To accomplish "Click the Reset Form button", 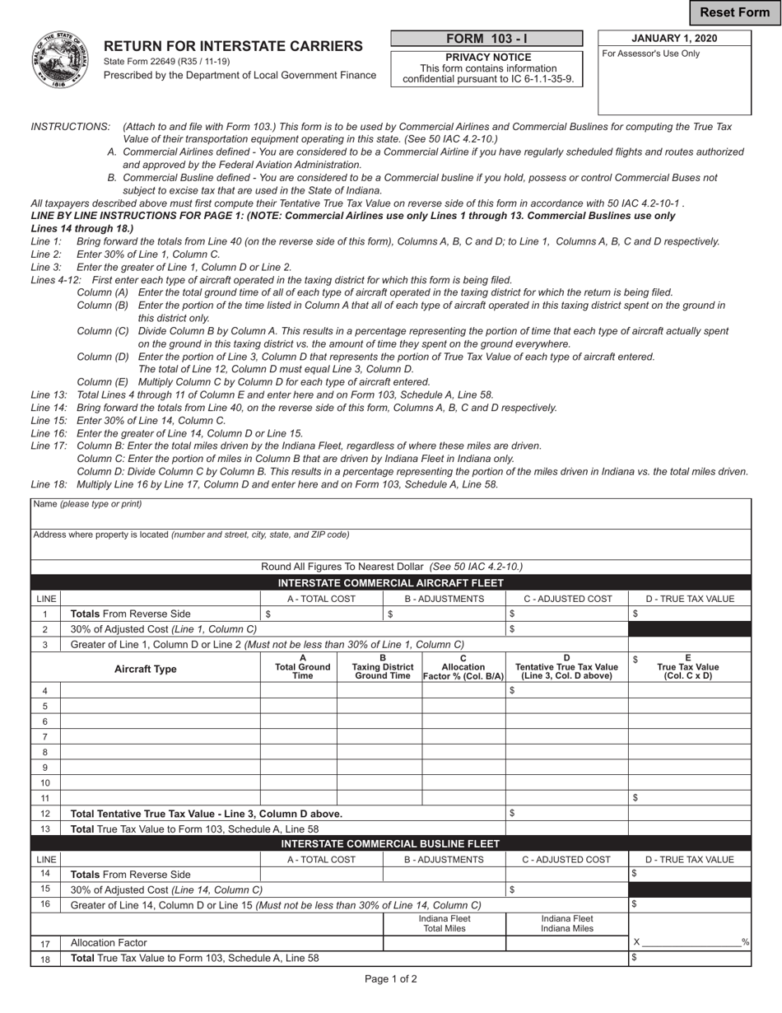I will [734, 12].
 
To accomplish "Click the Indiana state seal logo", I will [60, 60].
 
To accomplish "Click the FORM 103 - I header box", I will [486, 39].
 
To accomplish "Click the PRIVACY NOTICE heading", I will [488, 58].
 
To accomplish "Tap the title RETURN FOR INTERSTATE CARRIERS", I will [233, 46].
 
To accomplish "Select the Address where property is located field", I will [391, 545].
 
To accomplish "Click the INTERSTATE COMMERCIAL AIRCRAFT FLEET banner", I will [391, 583].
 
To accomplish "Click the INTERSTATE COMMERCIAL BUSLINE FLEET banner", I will [391, 844].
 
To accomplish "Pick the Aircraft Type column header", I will [145, 669].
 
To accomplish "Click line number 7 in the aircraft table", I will [45, 736].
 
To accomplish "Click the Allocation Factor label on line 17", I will [109, 943].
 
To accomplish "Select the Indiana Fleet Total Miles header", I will [445, 923].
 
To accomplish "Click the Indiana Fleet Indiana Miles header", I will [567, 923].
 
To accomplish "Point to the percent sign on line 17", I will [745, 942].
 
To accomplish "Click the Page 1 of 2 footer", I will [391, 979].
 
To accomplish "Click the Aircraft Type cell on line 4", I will [161, 691].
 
